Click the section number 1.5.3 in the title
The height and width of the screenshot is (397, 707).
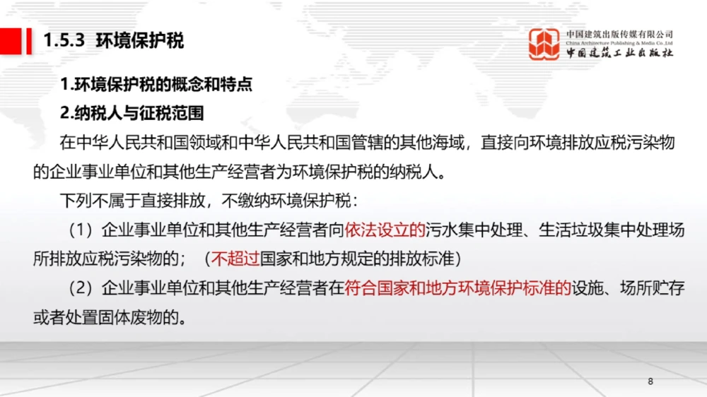click(x=64, y=40)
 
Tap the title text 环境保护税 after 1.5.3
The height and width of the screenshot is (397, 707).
click(x=139, y=40)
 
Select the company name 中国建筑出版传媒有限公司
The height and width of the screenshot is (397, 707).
click(x=619, y=33)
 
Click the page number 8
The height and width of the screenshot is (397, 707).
click(x=650, y=381)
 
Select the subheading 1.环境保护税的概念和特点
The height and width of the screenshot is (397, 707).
click(x=156, y=85)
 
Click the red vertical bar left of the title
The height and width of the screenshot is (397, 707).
click(x=29, y=40)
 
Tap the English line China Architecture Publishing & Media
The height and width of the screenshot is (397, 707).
click(x=619, y=43)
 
